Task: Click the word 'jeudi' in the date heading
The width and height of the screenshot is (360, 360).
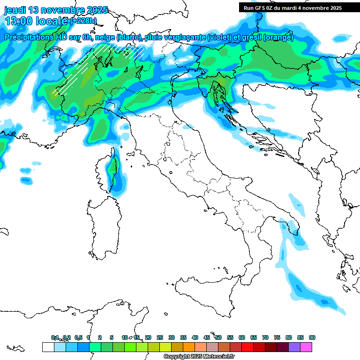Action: (15, 10)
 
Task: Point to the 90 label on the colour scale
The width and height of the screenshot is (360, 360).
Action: (312, 337)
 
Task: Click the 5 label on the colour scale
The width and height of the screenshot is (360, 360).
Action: (112, 337)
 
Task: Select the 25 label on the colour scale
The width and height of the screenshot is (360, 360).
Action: (160, 337)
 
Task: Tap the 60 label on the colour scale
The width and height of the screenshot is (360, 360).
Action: (242, 337)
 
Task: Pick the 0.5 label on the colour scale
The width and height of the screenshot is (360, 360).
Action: (78, 337)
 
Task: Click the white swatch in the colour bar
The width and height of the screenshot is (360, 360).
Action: (48, 347)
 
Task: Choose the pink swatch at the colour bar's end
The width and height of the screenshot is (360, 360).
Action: (306, 347)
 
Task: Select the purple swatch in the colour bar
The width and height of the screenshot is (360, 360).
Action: (294, 347)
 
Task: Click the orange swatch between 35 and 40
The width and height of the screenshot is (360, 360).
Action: (189, 347)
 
